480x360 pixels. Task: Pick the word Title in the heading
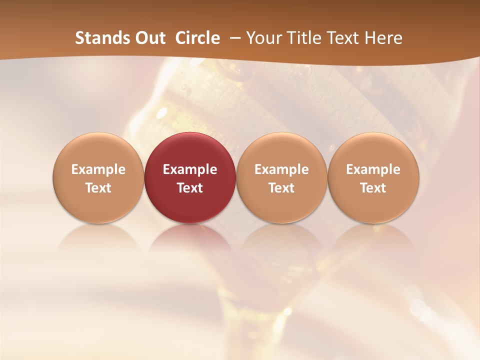[x=303, y=38]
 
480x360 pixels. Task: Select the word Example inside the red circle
[x=190, y=169]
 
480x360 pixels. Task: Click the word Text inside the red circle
[x=190, y=188]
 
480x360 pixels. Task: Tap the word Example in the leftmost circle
[x=98, y=169]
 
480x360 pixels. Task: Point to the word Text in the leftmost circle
[x=98, y=188]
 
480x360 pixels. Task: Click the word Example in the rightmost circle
[x=373, y=169]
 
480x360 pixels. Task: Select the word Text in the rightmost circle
[x=373, y=188]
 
